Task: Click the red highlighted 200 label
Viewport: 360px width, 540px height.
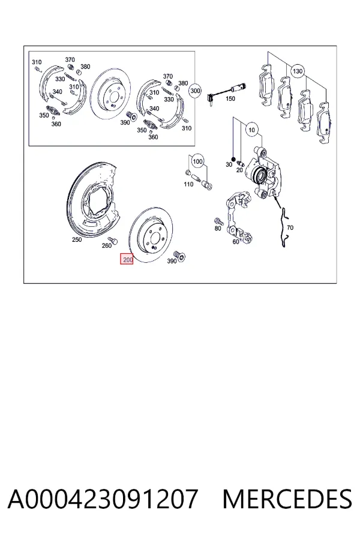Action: click(x=127, y=259)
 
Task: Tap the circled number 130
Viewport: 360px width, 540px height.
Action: click(x=298, y=71)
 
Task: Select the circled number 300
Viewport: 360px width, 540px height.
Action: click(x=195, y=91)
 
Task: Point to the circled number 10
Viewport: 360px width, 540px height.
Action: click(x=251, y=130)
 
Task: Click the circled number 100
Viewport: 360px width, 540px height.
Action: click(x=197, y=161)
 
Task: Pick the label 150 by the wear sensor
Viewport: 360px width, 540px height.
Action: click(x=230, y=98)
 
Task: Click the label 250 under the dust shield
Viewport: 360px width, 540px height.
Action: click(x=77, y=239)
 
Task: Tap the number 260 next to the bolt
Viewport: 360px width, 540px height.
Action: click(x=107, y=245)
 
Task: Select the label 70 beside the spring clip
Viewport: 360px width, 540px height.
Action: click(x=290, y=227)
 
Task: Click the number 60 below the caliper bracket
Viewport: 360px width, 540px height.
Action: click(x=236, y=242)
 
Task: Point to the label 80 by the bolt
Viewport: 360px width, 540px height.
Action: click(x=218, y=229)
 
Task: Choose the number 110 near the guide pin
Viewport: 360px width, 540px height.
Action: click(x=188, y=184)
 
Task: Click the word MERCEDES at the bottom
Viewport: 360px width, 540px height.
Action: click(x=287, y=499)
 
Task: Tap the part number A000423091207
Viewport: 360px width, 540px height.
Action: click(x=103, y=499)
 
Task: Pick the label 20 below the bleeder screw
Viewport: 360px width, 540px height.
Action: click(x=240, y=170)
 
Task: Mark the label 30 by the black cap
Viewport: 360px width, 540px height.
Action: click(x=229, y=164)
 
